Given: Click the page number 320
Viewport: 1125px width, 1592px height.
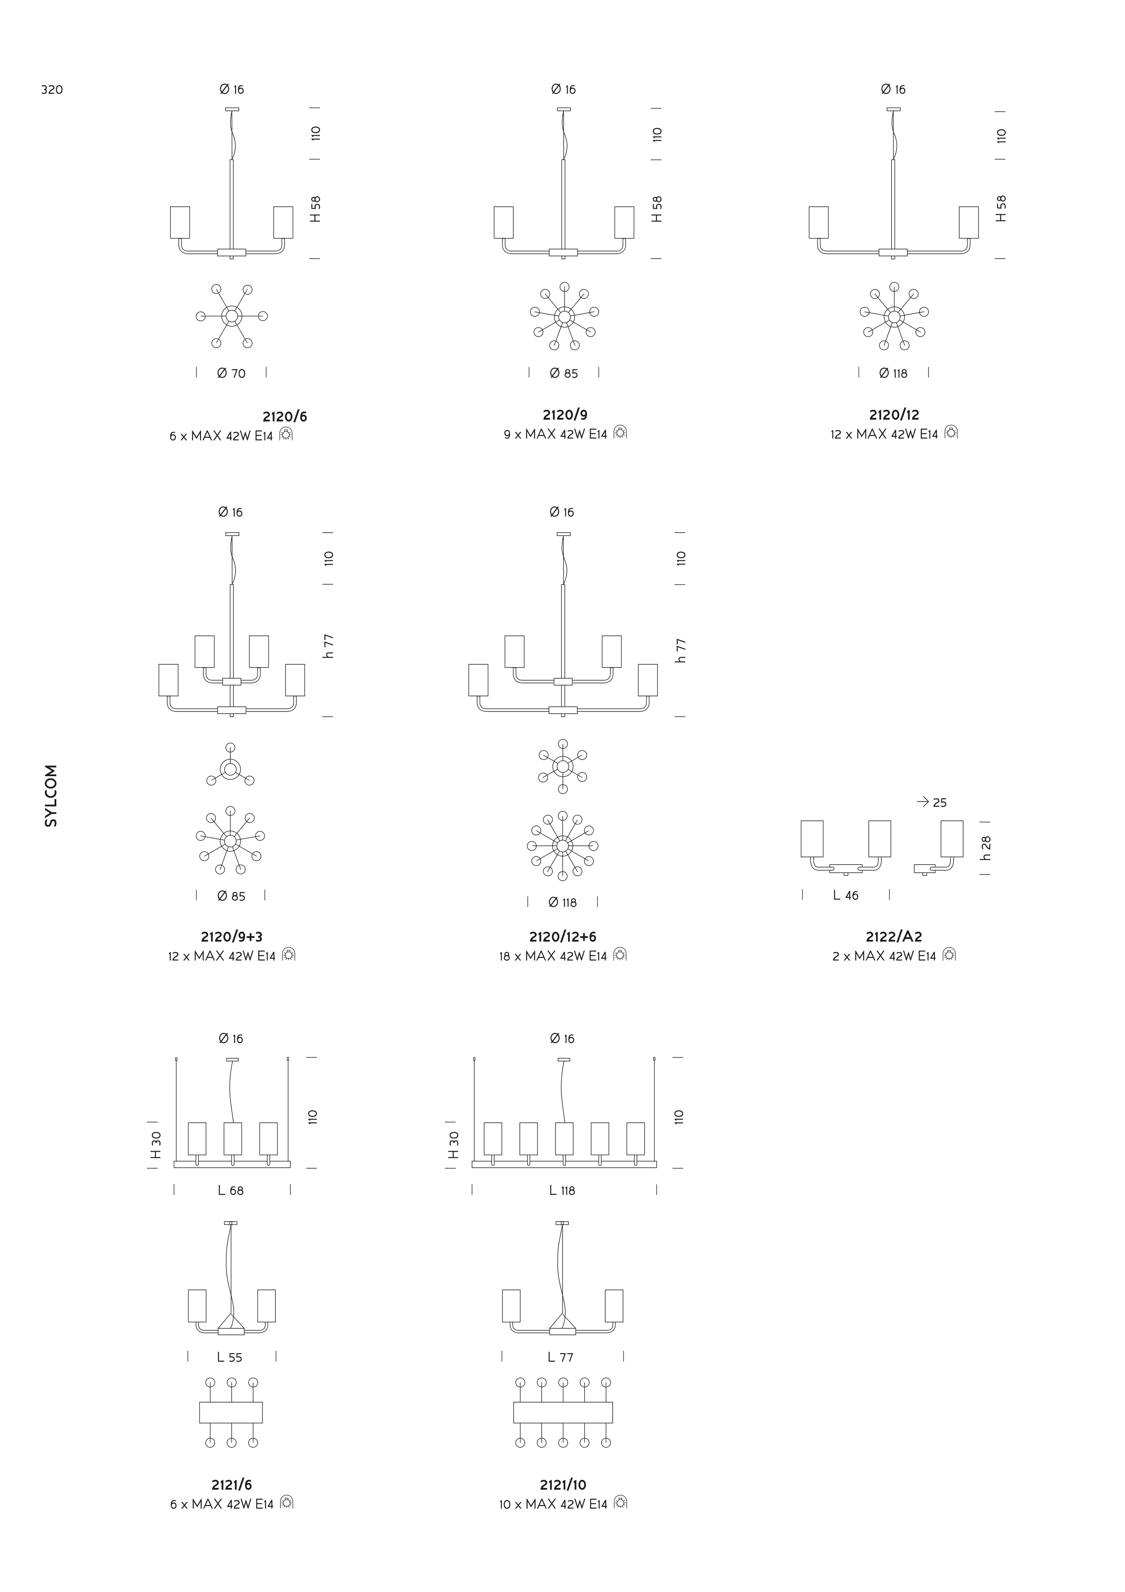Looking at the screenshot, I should tap(52, 89).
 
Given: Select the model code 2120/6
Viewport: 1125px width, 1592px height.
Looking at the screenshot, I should tap(284, 417).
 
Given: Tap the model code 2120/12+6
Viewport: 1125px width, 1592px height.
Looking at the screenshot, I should tap(562, 937).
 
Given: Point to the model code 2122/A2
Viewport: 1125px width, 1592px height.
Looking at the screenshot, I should tap(893, 937).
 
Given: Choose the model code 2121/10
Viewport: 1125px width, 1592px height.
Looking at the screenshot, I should tap(563, 1485).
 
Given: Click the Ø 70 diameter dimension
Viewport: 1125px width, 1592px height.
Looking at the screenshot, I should tap(232, 374).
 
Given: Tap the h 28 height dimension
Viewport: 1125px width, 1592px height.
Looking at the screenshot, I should tap(986, 848).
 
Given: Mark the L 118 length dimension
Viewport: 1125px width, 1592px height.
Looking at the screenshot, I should tap(562, 1190).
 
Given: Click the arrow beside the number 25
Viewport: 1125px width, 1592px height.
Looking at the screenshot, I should tap(923, 802).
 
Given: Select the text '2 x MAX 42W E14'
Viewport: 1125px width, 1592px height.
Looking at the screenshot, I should tap(884, 956).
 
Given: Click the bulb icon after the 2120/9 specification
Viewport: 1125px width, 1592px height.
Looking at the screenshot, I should tap(620, 433).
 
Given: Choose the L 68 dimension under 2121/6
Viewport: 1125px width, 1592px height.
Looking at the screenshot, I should tap(231, 1190).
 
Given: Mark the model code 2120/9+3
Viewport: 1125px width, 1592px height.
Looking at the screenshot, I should tap(232, 937).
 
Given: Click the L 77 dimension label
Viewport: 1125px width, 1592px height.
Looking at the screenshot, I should tap(561, 1358).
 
